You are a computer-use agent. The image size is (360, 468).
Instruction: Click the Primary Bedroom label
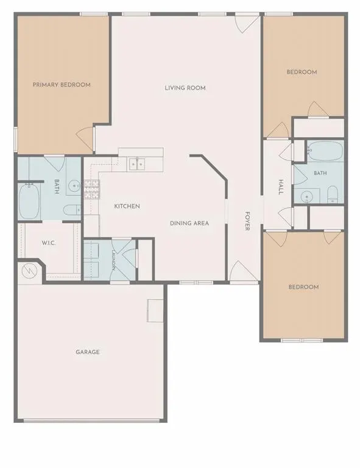(x=62, y=85)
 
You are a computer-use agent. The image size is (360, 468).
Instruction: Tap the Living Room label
(x=185, y=88)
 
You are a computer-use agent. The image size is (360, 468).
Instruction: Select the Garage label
(x=88, y=352)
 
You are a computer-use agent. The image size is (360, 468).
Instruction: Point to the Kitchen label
(x=127, y=206)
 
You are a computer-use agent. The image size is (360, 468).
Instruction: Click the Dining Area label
(x=189, y=223)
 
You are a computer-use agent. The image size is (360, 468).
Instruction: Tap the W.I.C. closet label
(x=49, y=243)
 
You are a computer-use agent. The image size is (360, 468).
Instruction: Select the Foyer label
(x=247, y=221)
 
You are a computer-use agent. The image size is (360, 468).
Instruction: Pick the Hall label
(x=281, y=187)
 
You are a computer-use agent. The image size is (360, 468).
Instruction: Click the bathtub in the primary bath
(x=29, y=202)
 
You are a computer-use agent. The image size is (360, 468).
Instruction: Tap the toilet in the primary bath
(x=72, y=210)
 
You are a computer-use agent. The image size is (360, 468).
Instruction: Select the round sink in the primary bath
(x=73, y=186)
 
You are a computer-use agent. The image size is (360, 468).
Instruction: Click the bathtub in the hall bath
(x=325, y=151)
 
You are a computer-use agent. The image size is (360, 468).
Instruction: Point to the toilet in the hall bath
(x=332, y=194)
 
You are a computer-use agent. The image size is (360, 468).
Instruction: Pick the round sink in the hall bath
(x=306, y=197)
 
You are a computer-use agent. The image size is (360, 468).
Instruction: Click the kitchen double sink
(x=137, y=165)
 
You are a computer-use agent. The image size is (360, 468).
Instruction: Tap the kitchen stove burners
(x=92, y=190)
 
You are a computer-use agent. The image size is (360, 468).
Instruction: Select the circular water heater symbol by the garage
(x=29, y=271)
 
